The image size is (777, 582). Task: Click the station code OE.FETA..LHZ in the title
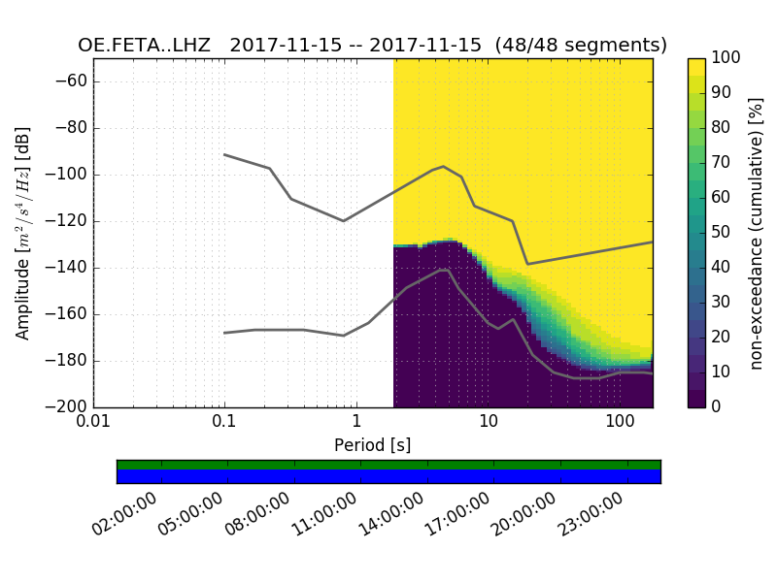[149, 46]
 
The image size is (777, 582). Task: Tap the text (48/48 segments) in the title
[581, 46]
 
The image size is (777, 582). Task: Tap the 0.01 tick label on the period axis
[93, 424]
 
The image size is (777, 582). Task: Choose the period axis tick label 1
[356, 424]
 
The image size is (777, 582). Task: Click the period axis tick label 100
[620, 424]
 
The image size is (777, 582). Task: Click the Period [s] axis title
[372, 445]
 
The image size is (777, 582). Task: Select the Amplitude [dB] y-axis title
[23, 233]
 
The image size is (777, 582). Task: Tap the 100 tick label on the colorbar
[726, 58]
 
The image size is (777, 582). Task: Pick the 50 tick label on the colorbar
[723, 233]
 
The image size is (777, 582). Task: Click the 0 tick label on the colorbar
[718, 407]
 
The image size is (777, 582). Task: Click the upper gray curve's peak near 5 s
[443, 167]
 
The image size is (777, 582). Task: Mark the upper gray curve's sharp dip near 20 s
[527, 264]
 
